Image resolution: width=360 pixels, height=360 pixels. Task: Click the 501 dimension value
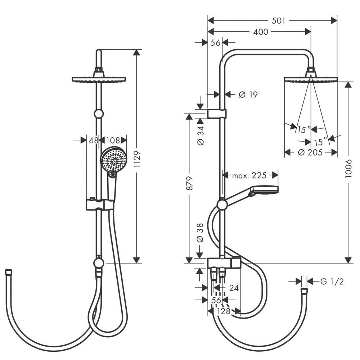[278, 21]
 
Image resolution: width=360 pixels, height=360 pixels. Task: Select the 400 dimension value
[261, 32]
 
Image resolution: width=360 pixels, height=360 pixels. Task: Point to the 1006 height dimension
[348, 168]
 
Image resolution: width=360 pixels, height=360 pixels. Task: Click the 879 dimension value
[189, 183]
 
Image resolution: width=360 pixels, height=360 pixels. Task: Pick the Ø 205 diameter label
[310, 152]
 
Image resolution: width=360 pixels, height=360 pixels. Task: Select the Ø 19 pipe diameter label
[248, 94]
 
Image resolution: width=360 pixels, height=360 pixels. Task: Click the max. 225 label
[249, 176]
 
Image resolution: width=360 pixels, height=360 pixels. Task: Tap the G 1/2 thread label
[332, 282]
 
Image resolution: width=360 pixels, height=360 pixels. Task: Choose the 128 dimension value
[224, 311]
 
